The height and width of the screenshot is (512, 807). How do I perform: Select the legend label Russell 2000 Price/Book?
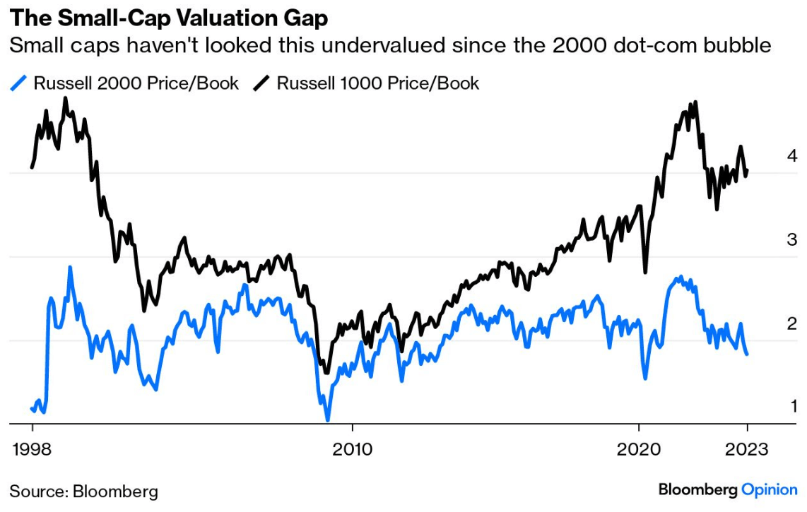click(x=136, y=83)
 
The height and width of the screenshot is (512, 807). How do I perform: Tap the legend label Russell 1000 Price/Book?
click(x=377, y=83)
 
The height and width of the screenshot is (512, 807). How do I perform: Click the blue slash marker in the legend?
click(x=19, y=83)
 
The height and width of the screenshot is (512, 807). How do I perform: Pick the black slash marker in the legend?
click(x=262, y=83)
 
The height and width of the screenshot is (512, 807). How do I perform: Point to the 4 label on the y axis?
click(x=792, y=156)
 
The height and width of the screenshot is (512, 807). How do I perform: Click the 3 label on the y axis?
click(x=792, y=240)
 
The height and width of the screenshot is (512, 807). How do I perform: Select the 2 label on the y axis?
click(x=792, y=324)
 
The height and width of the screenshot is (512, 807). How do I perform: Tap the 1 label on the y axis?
click(x=792, y=407)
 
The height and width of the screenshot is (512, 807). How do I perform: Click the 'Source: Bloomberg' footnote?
click(x=83, y=491)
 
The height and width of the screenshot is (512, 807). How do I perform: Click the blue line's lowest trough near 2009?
click(x=327, y=420)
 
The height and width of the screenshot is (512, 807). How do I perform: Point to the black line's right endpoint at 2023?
click(x=748, y=170)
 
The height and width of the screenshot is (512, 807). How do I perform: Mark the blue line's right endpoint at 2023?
click(x=748, y=353)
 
